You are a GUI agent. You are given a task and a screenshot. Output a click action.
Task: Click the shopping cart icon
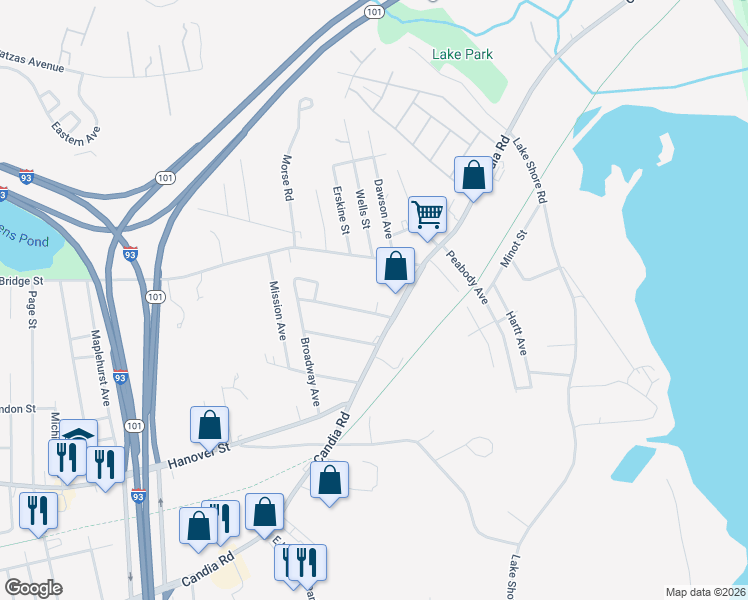[427, 214]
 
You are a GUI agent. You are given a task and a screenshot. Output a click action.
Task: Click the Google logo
[33, 588]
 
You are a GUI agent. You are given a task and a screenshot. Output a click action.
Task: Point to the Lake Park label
[463, 55]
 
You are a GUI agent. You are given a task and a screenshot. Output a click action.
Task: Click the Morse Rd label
[287, 178]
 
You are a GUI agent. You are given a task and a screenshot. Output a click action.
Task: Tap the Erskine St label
[342, 210]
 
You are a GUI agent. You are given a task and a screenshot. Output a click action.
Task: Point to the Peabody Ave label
[466, 276]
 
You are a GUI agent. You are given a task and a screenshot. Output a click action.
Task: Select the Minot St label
[520, 250]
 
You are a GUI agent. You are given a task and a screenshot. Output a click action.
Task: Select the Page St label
[32, 310]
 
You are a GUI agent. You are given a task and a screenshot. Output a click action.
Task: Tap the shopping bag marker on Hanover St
[210, 425]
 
